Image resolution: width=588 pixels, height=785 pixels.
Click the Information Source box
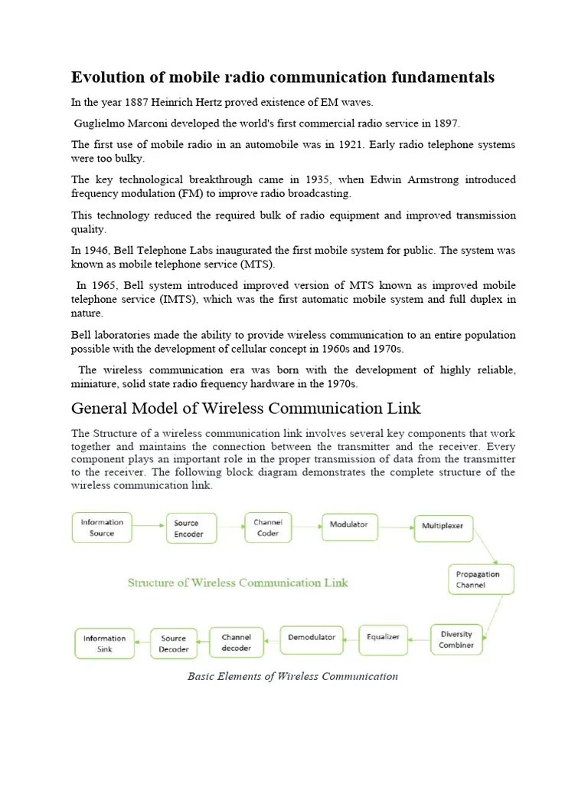point(102,527)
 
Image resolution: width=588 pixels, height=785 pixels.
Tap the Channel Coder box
point(268,527)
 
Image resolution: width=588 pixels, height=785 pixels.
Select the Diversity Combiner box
point(456,639)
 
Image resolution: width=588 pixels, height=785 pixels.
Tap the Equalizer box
point(383,637)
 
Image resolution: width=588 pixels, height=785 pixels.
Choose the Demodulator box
point(312,638)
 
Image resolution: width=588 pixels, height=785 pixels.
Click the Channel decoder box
point(237,642)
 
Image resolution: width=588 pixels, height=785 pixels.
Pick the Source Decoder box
point(173,643)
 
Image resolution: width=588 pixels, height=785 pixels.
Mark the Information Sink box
point(104,643)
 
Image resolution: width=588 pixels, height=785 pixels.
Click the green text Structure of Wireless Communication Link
point(237,583)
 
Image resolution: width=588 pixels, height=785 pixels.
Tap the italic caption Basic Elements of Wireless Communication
point(292,676)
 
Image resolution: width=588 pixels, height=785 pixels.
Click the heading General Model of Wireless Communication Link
point(246,408)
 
